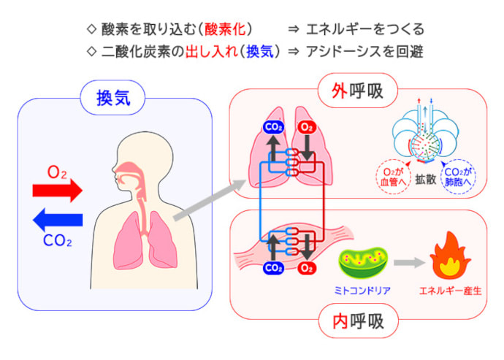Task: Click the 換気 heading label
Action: pyautogui.click(x=115, y=97)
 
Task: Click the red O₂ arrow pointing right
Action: pyautogui.click(x=58, y=191)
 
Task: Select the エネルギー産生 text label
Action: pyautogui.click(x=448, y=290)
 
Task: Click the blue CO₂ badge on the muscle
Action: pyautogui.click(x=273, y=268)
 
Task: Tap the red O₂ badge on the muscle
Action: pyautogui.click(x=308, y=268)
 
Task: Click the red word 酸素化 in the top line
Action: pyautogui.click(x=227, y=29)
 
